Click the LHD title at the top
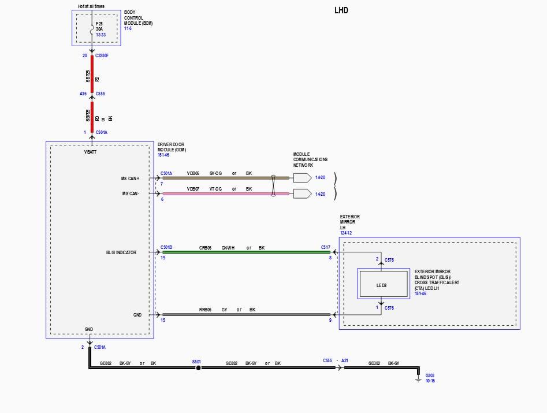(341, 10)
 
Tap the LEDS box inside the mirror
(381, 285)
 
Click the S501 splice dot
(198, 367)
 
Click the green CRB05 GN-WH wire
(243, 252)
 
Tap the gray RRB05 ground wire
(243, 315)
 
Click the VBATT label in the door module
(91, 152)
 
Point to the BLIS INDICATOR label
(121, 252)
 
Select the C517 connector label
(326, 247)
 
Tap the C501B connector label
(166, 247)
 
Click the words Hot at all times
(91, 6)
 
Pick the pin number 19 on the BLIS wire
(163, 258)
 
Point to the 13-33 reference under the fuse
(101, 35)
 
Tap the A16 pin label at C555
(83, 93)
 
